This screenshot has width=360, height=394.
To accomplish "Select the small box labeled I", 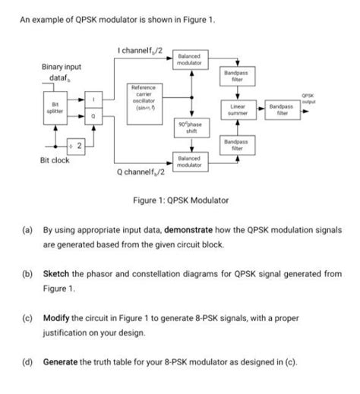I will tap(93, 100).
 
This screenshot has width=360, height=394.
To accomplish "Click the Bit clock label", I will tap(55, 160).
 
